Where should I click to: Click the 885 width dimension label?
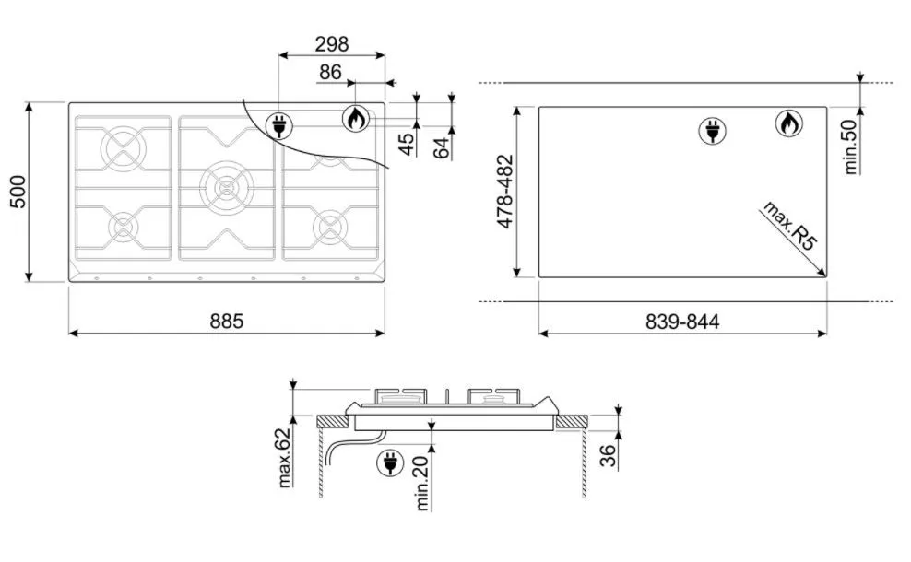(227, 321)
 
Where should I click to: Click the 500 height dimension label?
(18, 191)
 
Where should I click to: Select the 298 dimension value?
(332, 44)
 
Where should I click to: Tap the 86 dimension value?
(330, 72)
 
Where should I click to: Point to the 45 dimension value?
(408, 144)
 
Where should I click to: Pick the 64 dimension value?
(443, 148)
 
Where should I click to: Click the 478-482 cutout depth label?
(505, 191)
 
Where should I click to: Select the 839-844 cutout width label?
(682, 322)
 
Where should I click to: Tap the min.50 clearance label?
(850, 146)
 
